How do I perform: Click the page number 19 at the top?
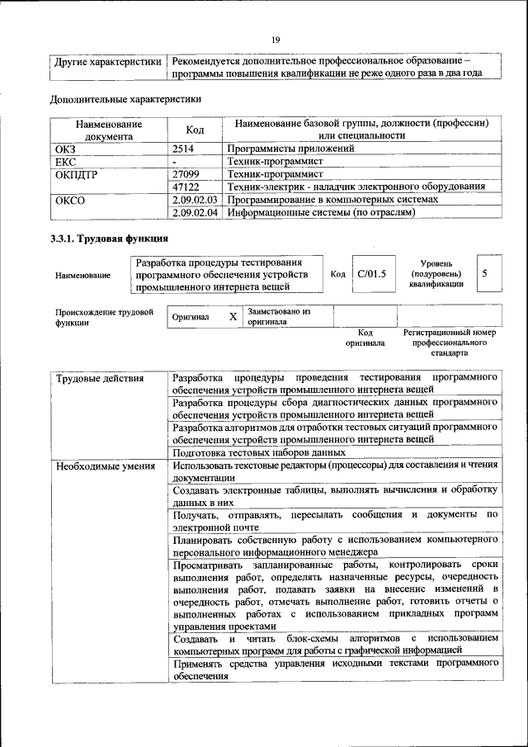point(276,39)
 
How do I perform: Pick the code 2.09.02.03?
point(196,200)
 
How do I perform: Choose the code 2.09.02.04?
point(196,212)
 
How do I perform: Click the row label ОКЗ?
point(65,149)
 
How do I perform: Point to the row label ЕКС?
point(65,162)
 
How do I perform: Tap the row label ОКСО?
point(69,200)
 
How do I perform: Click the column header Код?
point(195,130)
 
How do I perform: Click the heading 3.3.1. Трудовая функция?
point(106,239)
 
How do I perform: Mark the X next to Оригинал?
point(233,317)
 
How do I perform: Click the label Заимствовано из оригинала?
point(278,317)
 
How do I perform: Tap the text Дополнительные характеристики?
point(125,99)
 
